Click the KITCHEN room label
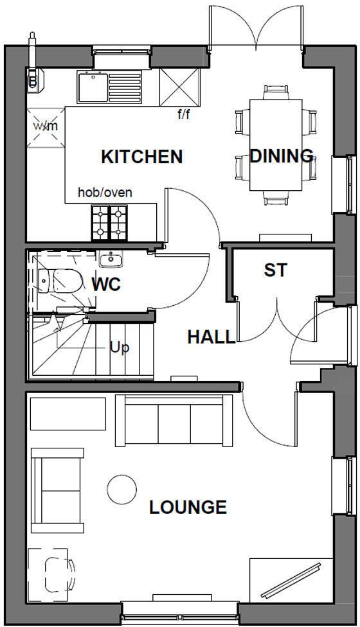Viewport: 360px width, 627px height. pos(141,157)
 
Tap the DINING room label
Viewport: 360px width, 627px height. pos(281,155)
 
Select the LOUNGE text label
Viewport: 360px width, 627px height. pos(188,508)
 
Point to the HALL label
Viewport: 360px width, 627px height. pos(211,337)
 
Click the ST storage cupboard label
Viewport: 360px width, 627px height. pos(275,270)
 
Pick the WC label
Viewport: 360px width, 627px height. pos(106,284)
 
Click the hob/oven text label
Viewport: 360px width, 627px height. pos(105,192)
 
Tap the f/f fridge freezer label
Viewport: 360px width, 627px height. pos(184,115)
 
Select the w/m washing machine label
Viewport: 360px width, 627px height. pos(46,125)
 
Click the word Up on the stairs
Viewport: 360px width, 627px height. pos(120,348)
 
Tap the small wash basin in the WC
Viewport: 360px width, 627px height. pos(111,260)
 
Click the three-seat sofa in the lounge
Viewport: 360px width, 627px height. pos(174,419)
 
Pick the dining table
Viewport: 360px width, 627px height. pos(276,145)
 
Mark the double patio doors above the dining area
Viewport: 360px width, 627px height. pos(256,29)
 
